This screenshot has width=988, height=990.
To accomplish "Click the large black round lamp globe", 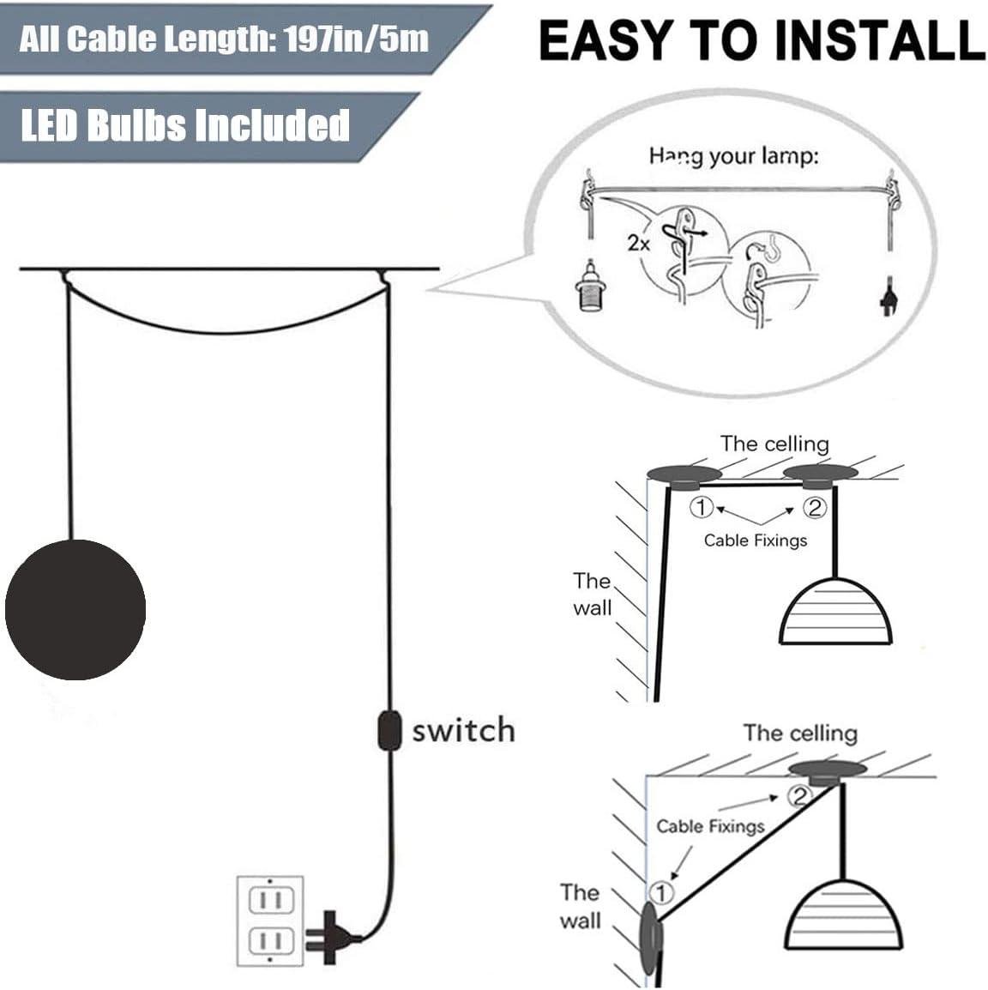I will point(75,609).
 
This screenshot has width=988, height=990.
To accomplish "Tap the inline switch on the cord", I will point(389,730).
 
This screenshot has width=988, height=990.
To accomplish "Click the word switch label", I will point(463,731).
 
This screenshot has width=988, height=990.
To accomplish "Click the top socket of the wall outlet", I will point(270,902).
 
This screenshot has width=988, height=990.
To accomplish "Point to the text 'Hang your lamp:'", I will point(733,156).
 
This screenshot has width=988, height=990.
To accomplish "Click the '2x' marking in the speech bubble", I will point(638,243).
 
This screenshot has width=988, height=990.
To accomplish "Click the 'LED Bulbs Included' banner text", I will point(185,125).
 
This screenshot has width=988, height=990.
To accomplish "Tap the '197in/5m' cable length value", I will point(357,39).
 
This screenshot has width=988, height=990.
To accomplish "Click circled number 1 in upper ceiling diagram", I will point(702,508).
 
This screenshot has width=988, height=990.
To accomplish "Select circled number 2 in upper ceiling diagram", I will point(813,508).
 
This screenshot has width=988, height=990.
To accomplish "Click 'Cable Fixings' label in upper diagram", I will point(756,540).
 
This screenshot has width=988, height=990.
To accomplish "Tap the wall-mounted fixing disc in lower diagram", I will point(650,937).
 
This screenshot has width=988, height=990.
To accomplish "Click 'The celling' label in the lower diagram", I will point(800,733).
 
